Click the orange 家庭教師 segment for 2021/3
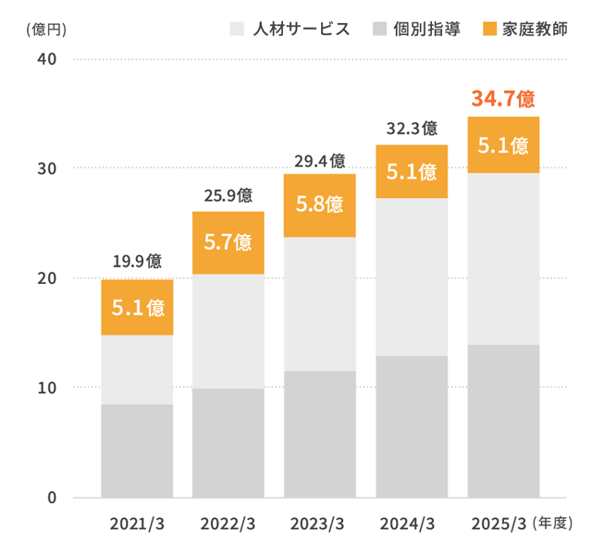[x=137, y=307]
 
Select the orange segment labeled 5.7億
[x=228, y=242]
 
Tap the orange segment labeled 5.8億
[x=319, y=205]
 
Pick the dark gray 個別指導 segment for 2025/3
[x=503, y=421]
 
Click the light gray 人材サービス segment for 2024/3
[x=412, y=277]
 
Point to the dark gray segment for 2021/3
[x=137, y=450]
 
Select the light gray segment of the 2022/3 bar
[x=228, y=331]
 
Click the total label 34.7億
[x=503, y=98]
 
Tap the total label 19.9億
[x=137, y=261]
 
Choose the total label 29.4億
[x=319, y=160]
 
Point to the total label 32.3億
[x=412, y=129]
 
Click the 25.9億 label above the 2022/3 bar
[x=228, y=195]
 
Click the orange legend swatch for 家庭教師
[x=489, y=28]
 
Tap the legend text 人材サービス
[x=301, y=28]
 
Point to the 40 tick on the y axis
[x=47, y=60]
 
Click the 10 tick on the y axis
[x=47, y=388]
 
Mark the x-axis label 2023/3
[x=317, y=524]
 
